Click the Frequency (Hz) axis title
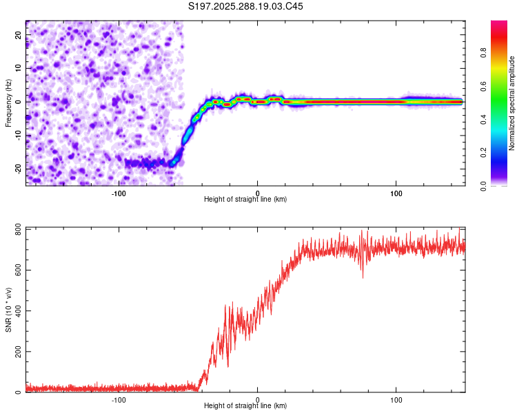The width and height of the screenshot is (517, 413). tap(8, 103)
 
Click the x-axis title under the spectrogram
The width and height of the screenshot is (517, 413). tap(245, 199)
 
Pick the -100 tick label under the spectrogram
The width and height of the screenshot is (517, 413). tap(119, 193)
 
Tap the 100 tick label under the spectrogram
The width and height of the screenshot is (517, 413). tap(396, 193)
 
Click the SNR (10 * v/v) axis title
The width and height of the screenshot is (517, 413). tap(8, 310)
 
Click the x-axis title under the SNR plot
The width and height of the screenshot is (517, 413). tap(245, 406)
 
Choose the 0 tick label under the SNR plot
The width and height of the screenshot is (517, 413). tap(258, 399)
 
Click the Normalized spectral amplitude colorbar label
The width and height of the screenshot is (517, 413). tap(512, 103)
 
